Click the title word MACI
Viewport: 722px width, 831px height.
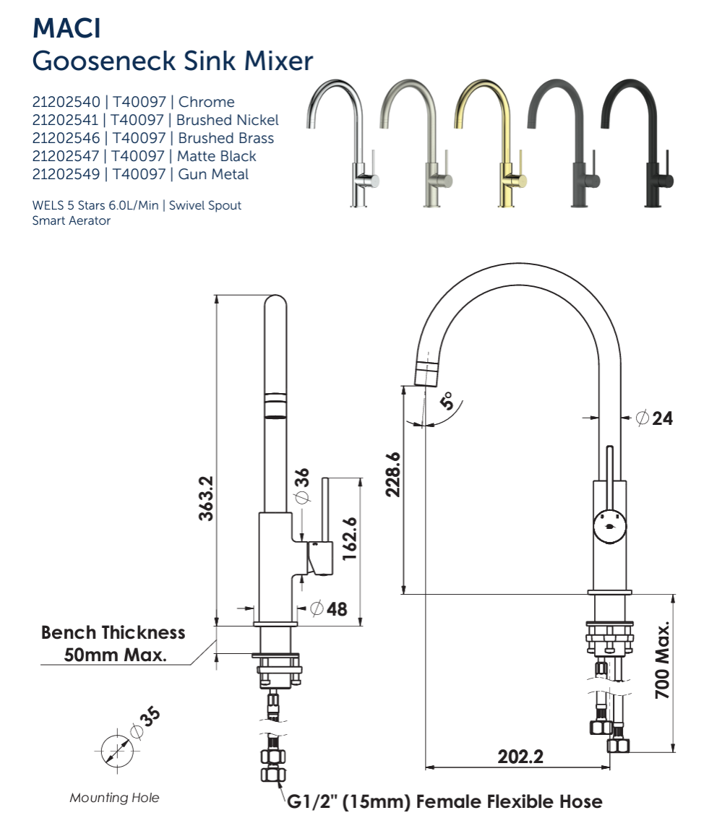[67, 29]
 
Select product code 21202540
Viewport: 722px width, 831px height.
[66, 102]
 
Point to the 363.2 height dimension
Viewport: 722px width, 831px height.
[205, 498]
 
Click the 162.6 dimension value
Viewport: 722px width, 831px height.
[350, 538]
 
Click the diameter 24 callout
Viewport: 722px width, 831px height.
[655, 418]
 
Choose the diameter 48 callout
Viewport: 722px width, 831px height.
[329, 608]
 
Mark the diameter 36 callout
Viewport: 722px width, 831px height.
[302, 486]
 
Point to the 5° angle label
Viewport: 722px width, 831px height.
[447, 401]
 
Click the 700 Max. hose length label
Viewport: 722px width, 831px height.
[663, 659]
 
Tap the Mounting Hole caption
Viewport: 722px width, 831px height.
[114, 798]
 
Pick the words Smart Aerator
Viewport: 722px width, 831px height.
[72, 221]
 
